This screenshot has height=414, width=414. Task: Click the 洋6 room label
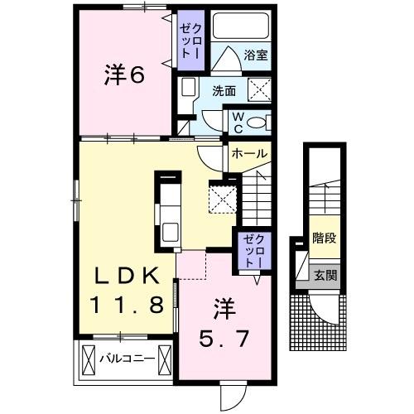pos(125,75)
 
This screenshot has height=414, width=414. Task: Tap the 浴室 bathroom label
pos(254,58)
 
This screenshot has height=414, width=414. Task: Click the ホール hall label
pos(249,154)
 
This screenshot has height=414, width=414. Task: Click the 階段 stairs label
pos(324,238)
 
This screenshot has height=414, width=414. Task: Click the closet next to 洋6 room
pos(192,38)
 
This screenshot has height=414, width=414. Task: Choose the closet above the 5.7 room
pos(251,249)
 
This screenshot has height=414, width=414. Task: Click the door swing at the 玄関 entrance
pos(328,308)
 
